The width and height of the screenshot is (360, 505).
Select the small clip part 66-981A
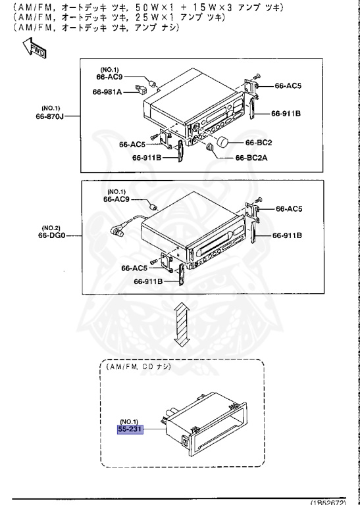[140, 89]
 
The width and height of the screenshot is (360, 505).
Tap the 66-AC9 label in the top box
[109, 77]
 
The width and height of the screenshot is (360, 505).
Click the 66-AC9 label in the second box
[118, 198]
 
